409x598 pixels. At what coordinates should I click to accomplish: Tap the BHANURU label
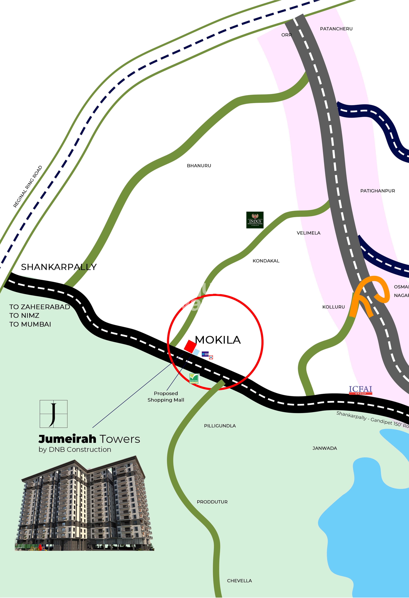click(x=199, y=166)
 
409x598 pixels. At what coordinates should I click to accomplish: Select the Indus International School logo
click(x=255, y=220)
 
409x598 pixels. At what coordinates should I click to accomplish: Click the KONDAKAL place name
click(x=266, y=261)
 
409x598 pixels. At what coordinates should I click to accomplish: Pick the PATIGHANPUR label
click(x=377, y=191)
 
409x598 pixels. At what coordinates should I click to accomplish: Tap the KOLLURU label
click(x=333, y=307)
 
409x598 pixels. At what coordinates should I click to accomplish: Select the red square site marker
click(x=190, y=347)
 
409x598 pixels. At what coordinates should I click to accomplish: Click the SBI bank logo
click(x=205, y=354)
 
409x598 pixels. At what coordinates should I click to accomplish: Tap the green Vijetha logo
click(x=194, y=379)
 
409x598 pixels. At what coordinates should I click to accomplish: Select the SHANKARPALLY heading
click(x=59, y=267)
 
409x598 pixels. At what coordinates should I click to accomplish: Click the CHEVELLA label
click(x=239, y=581)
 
